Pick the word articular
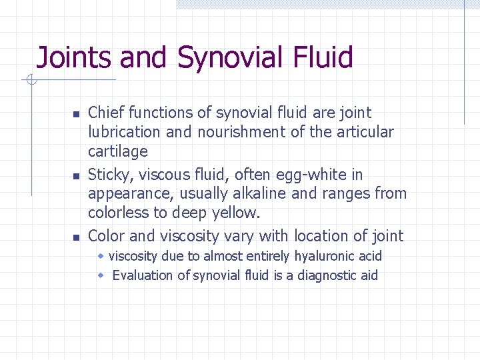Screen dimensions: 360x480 365,132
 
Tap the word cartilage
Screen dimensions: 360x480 118,151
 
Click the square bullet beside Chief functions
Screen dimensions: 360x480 76,114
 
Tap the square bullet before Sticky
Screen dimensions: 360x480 76,176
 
